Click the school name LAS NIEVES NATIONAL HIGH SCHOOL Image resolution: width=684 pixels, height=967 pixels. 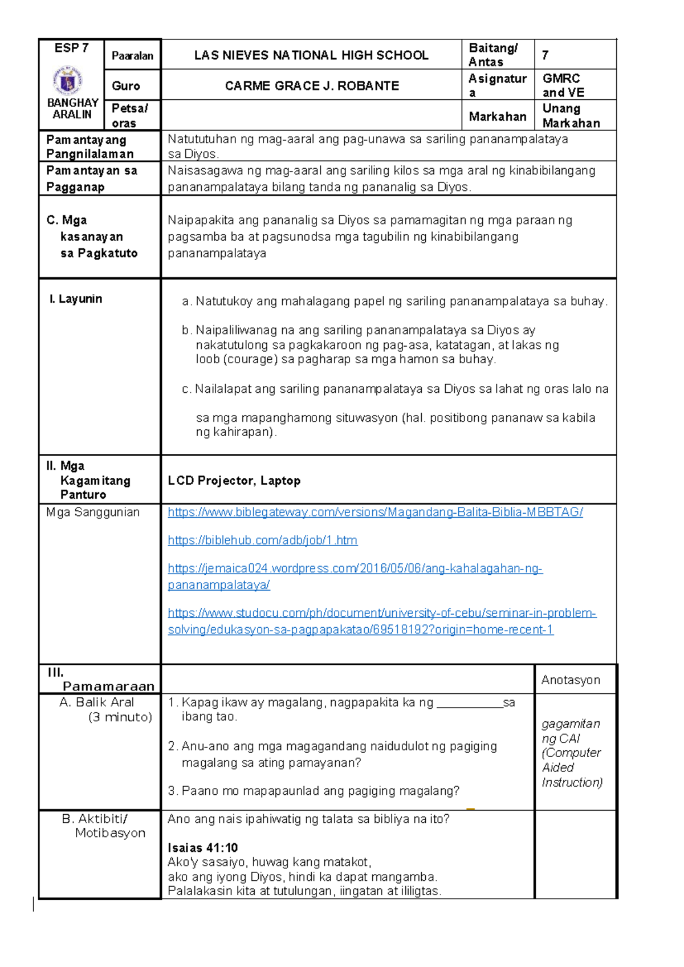point(311,55)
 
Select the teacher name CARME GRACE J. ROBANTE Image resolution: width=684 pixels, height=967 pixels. point(312,86)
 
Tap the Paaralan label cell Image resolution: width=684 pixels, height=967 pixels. point(132,56)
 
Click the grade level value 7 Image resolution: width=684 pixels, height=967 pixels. point(545,55)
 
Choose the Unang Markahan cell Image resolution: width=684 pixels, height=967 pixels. point(571,116)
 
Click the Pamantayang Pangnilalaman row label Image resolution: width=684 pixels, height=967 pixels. point(90,147)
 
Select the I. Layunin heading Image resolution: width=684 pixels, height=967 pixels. point(76,299)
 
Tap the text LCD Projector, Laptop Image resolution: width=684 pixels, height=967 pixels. point(234,481)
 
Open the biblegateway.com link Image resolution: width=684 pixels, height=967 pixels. point(375,512)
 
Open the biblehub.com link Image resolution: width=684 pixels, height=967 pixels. point(262,540)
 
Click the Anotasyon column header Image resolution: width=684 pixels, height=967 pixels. point(571,680)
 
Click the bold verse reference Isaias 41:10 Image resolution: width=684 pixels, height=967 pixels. point(202,848)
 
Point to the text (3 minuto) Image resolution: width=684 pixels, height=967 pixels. point(120,717)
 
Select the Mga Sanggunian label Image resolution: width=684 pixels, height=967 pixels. point(93,512)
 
